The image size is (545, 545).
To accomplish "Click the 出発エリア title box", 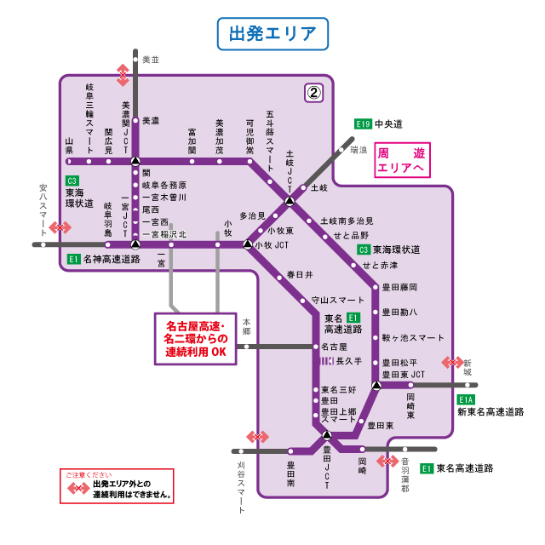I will (x=272, y=34).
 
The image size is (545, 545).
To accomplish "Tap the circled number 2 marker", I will (x=314, y=91).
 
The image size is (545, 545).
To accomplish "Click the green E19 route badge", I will (x=364, y=124).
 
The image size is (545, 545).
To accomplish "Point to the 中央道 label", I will (x=388, y=124).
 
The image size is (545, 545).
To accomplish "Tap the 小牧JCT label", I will (x=272, y=244).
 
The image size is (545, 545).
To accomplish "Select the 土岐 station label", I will (x=319, y=187).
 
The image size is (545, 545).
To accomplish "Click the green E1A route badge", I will (x=466, y=399).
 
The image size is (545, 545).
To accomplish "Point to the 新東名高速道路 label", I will (x=490, y=412).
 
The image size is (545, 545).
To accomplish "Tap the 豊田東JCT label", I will (x=404, y=374).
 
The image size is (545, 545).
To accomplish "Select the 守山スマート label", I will (x=338, y=300).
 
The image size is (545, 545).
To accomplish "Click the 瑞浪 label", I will (x=359, y=150).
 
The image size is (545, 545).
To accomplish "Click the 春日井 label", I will (x=300, y=275).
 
